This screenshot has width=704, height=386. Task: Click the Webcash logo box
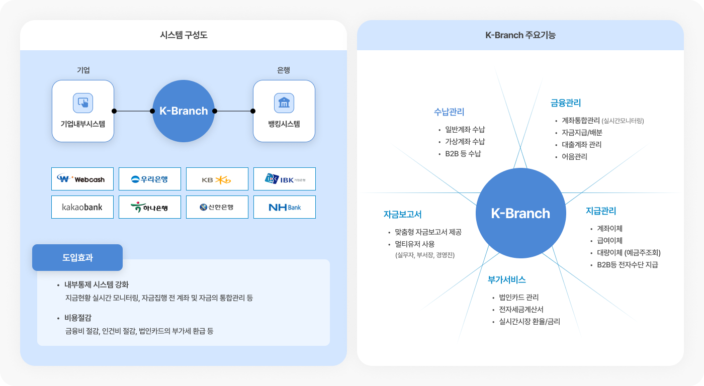click(82, 179)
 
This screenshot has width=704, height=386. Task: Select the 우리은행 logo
click(150, 179)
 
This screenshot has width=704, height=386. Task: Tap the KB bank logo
click(217, 179)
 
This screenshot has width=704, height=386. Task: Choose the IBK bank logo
click(285, 179)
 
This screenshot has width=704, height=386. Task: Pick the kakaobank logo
click(82, 207)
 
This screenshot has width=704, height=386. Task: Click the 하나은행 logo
click(150, 207)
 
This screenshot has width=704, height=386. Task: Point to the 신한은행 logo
click(217, 207)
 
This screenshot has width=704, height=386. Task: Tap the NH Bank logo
click(285, 207)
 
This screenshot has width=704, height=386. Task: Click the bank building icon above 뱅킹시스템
click(284, 103)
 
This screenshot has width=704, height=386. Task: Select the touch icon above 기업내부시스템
click(83, 103)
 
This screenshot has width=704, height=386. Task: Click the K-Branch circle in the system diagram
click(184, 111)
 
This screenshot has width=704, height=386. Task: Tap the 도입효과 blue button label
click(77, 258)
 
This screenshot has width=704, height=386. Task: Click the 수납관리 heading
click(449, 112)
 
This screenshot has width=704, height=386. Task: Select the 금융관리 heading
click(566, 103)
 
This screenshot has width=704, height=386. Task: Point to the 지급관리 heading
click(601, 211)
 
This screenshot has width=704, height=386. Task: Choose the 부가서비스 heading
click(507, 280)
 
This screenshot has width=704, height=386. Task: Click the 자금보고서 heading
click(402, 214)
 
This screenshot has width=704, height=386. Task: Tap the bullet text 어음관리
click(574, 157)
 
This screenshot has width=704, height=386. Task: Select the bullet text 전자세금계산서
click(521, 310)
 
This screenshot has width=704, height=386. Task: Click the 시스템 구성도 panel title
click(184, 35)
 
